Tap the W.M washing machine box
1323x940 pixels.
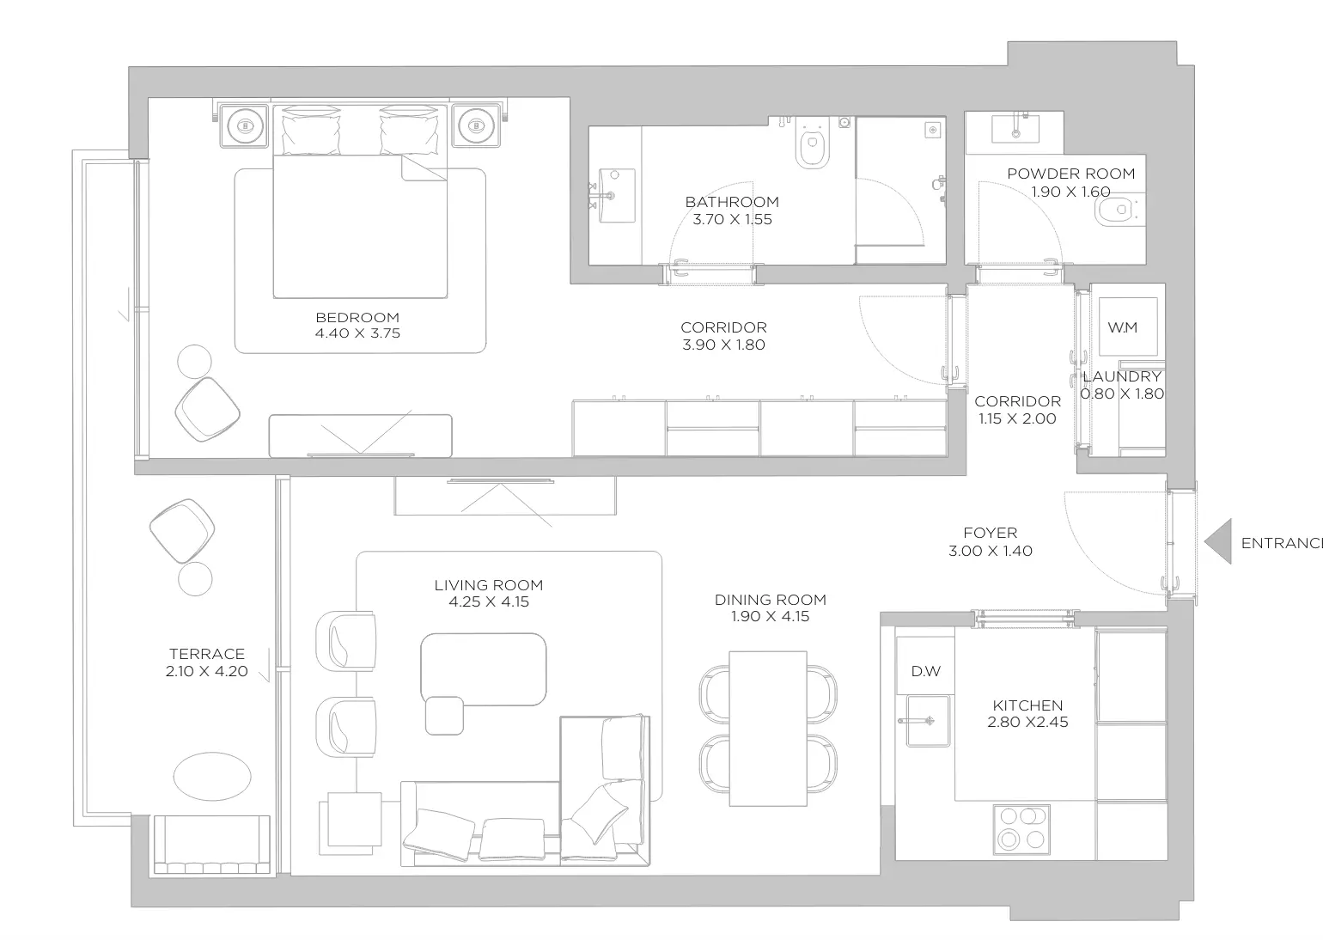click(1128, 327)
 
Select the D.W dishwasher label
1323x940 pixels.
click(925, 671)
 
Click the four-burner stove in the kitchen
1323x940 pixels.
click(1021, 829)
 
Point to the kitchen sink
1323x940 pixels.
click(928, 720)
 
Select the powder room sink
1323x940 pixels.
click(1015, 129)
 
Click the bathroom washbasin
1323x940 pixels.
click(617, 196)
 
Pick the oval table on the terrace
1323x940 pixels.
click(212, 776)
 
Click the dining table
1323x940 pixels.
click(768, 729)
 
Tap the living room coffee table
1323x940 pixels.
click(483, 668)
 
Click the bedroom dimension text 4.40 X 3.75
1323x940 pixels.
click(357, 333)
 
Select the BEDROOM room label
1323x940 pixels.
click(357, 318)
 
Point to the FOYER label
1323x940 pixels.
click(991, 533)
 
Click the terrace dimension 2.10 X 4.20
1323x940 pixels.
click(207, 671)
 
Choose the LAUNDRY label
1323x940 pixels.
click(1122, 376)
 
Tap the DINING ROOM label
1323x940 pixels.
click(770, 600)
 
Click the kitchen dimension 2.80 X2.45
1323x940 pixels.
click(1027, 722)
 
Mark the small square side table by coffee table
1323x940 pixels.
click(444, 716)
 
